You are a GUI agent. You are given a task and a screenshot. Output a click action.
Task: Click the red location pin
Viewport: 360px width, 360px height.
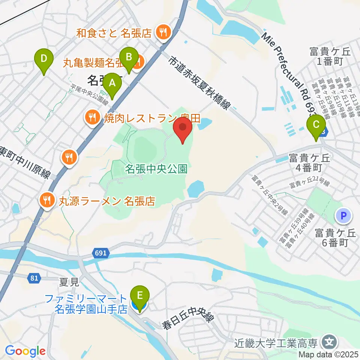coord(183,129)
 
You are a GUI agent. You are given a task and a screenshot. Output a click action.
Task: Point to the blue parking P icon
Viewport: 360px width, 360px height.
coord(343,216)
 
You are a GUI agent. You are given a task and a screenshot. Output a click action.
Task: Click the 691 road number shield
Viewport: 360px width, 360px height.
coord(100,254)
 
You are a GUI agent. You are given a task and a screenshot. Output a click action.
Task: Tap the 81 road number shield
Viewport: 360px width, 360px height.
coord(33,278)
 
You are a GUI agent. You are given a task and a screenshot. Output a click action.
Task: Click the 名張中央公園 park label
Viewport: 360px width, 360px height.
coord(156,169)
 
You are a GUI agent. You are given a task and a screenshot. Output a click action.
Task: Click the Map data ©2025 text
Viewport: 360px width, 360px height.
coord(328,354)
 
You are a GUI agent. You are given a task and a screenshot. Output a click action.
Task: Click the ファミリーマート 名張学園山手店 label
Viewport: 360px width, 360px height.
coord(86,304)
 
